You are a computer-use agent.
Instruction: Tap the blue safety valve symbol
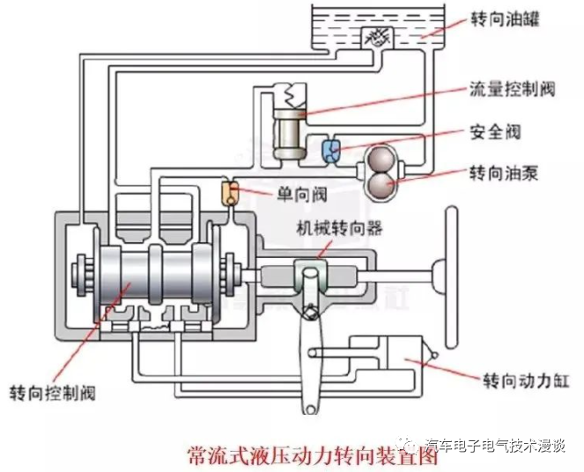tap(334, 151)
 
